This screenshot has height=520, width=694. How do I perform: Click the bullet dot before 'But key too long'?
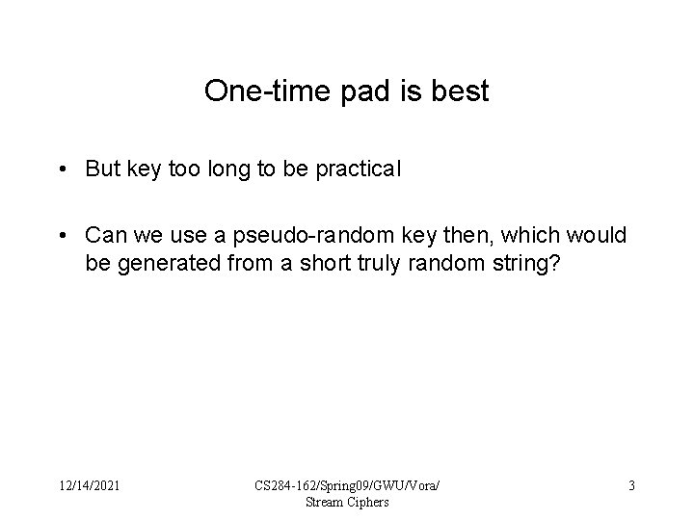tap(61, 169)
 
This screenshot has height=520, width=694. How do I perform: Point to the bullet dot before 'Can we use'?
tap(61, 235)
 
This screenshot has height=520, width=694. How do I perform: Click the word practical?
tap(363, 169)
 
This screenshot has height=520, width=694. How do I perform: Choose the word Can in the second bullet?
tap(104, 235)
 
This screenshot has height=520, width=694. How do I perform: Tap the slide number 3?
tap(631, 486)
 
